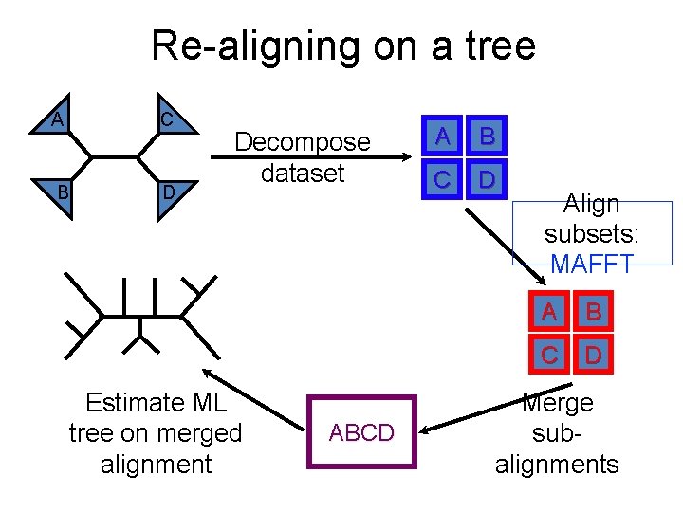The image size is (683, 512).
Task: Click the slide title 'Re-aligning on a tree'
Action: pyautogui.click(x=343, y=46)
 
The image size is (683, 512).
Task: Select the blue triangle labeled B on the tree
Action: pyautogui.click(x=58, y=189)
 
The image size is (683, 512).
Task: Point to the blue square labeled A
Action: pyautogui.click(x=443, y=137)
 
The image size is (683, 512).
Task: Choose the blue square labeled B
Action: pyautogui.click(x=487, y=137)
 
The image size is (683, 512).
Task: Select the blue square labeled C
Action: pyautogui.click(x=443, y=179)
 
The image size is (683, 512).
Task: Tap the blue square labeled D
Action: pyautogui.click(x=487, y=179)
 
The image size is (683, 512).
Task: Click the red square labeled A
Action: pyautogui.click(x=549, y=312)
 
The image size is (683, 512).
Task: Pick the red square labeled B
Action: pyautogui.click(x=593, y=312)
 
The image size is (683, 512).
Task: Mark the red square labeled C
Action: pyautogui.click(x=549, y=356)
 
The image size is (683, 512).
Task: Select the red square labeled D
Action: pyautogui.click(x=593, y=356)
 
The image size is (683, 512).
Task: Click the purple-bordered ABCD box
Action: pyautogui.click(x=361, y=431)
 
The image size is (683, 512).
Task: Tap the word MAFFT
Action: pyautogui.click(x=591, y=265)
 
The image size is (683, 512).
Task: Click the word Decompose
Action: pyautogui.click(x=303, y=142)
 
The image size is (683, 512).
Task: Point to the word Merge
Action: pyautogui.click(x=557, y=403)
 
